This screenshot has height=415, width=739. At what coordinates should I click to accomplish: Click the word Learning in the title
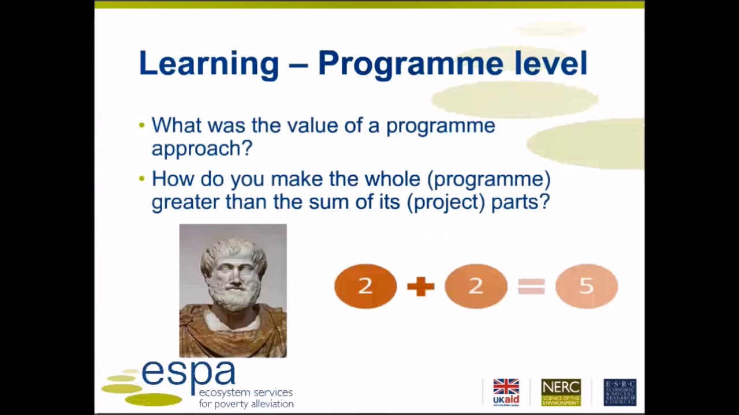[208, 63]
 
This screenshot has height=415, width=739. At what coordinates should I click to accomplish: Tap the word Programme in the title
[410, 63]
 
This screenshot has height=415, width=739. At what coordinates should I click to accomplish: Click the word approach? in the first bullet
[202, 149]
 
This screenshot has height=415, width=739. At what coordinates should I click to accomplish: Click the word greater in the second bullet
[185, 202]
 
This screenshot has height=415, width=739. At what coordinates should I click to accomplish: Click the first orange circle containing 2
[365, 286]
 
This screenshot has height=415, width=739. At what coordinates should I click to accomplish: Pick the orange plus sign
[420, 286]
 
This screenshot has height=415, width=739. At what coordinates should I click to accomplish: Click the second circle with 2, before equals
[476, 286]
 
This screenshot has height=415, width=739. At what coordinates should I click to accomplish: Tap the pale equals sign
[531, 286]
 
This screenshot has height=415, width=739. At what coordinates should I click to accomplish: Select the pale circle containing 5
[586, 286]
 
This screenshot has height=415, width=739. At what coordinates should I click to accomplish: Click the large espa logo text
[188, 373]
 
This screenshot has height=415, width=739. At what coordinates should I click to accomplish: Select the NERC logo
[561, 392]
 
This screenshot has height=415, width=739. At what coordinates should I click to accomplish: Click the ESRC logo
[619, 392]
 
